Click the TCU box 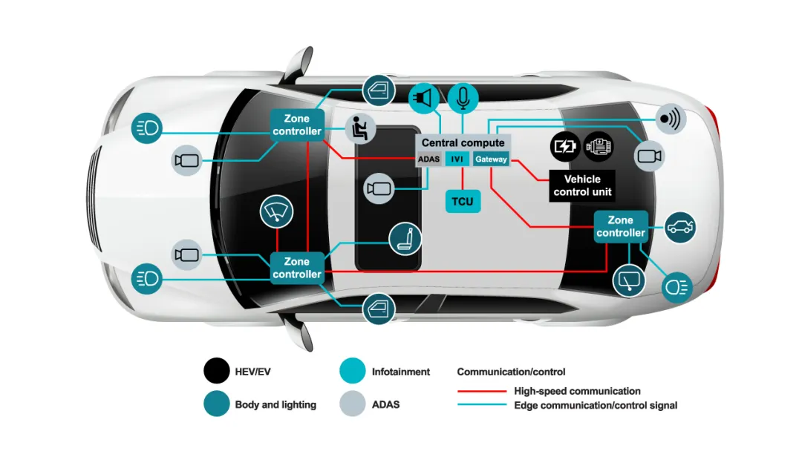click(463, 201)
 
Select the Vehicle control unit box click(582, 185)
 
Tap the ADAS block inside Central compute click(429, 159)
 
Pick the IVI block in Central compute click(457, 159)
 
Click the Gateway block click(491, 159)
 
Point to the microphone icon click(463, 97)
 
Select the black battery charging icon click(565, 146)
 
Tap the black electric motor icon click(599, 146)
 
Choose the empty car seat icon click(405, 238)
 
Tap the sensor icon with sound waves click(671, 119)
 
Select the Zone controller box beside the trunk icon click(621, 226)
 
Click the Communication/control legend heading click(511, 372)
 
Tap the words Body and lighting click(276, 405)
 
